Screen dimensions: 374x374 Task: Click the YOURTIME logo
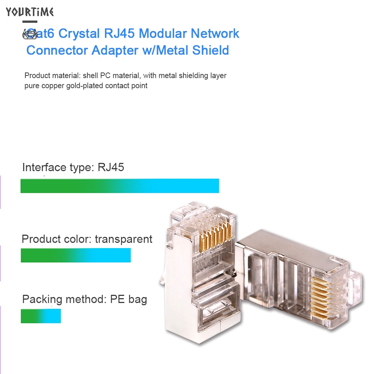[30, 12]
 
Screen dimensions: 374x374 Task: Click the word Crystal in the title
[78, 33]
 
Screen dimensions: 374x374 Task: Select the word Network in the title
[215, 33]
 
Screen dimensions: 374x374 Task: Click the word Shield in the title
[211, 50]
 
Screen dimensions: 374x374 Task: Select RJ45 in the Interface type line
[111, 167]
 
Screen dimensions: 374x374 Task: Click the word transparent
[124, 239]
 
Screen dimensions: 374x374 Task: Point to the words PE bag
[128, 299]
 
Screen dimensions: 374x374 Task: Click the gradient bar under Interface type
[120, 186]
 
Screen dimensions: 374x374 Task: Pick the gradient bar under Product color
[75, 255]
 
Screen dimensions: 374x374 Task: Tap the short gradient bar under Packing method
[40, 316]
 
